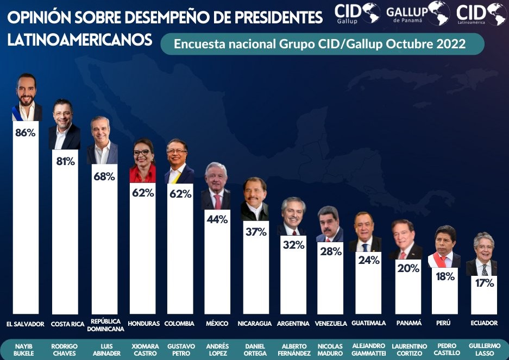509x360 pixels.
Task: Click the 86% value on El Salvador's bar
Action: pos(26,132)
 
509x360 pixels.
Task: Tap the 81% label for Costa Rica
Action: pos(65,161)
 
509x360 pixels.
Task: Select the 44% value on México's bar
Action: pos(216,219)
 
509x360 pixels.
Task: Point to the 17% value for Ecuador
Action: pos(483,283)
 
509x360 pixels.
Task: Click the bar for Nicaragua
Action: pos(255,271)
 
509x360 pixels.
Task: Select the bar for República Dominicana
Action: pos(104,244)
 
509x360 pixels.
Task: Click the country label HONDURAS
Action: pos(143,324)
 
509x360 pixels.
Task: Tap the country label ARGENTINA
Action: pos(293,324)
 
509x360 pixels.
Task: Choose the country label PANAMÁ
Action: pos(409,323)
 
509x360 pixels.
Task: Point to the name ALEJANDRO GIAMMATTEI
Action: pos(369,350)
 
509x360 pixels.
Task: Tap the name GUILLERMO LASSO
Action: pos(484,350)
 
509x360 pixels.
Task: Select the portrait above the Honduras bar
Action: pos(143,161)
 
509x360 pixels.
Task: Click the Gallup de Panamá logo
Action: pos(417,12)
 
